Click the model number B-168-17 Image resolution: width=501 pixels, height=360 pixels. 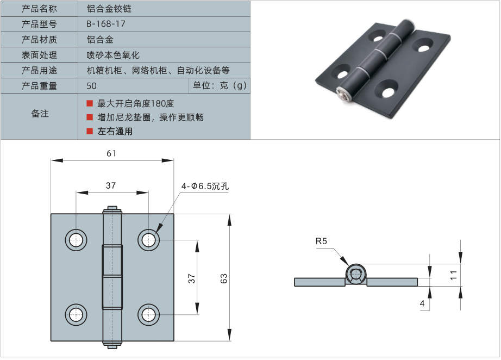106,24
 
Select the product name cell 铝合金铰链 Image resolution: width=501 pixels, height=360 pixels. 109,9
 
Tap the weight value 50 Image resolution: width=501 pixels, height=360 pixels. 91,86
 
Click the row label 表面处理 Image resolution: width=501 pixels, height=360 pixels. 39,55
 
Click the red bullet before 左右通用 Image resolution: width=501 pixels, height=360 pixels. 90,131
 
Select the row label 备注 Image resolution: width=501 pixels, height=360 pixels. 40,114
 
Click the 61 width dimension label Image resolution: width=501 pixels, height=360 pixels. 111,154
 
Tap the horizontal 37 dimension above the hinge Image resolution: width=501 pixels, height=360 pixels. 111,185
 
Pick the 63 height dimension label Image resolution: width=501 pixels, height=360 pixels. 224,278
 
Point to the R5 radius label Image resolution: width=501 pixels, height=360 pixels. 321,241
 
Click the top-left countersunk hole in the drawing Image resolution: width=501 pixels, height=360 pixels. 76,239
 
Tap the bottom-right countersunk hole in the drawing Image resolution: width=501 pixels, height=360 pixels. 148,314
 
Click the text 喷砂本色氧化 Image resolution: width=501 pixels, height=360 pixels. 113,55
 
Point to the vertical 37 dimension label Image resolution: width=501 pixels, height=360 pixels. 191,278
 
